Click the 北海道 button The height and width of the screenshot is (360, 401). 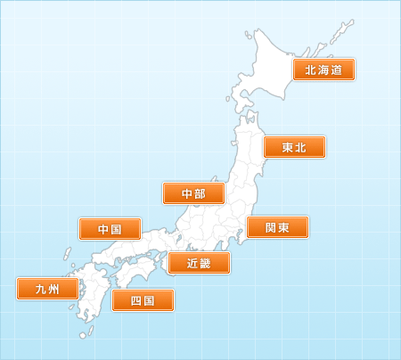324,70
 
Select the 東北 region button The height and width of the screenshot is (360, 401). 294,147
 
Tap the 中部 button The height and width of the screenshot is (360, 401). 192,193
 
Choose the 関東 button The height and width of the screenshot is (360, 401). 277,227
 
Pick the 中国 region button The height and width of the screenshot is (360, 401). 110,229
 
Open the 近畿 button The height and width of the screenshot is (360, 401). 200,263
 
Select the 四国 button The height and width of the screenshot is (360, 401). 142,300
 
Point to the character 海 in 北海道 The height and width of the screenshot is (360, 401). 324,70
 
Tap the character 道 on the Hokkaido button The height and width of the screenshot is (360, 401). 337,70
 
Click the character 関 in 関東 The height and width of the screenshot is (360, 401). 270,227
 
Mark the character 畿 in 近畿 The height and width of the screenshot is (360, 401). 207,263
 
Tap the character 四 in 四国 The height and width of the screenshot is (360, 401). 135,300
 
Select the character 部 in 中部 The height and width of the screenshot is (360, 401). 200,193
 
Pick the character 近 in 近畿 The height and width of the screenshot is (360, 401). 192,263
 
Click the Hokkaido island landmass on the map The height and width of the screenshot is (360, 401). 272,71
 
